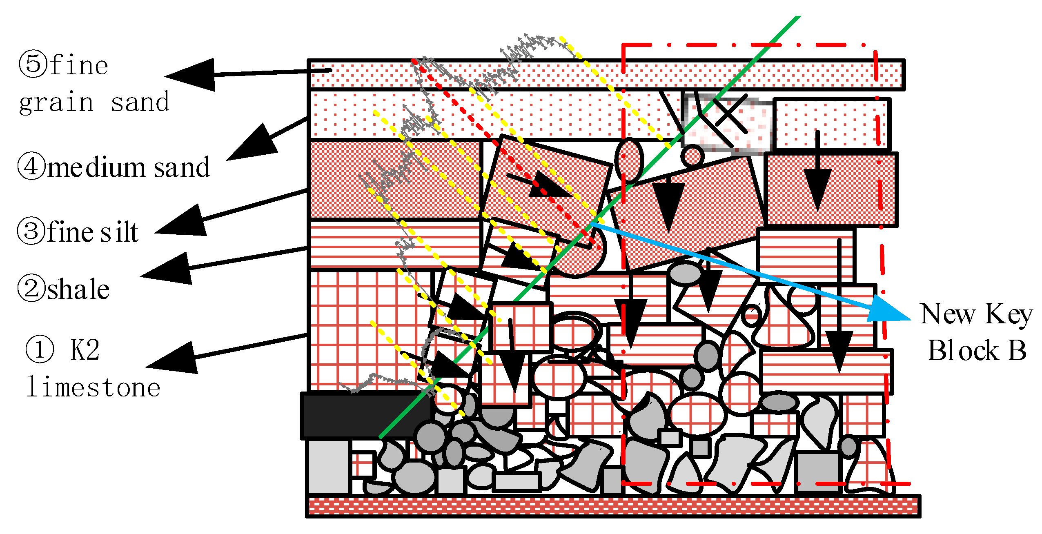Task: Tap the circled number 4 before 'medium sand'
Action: coord(31,167)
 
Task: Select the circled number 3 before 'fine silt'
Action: coord(31,231)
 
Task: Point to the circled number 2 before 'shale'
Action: coord(31,288)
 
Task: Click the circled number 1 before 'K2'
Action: coord(40,349)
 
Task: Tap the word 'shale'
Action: coord(78,289)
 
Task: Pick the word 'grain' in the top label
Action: coord(56,102)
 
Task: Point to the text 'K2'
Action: coord(85,349)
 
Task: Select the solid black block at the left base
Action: coord(363,414)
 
